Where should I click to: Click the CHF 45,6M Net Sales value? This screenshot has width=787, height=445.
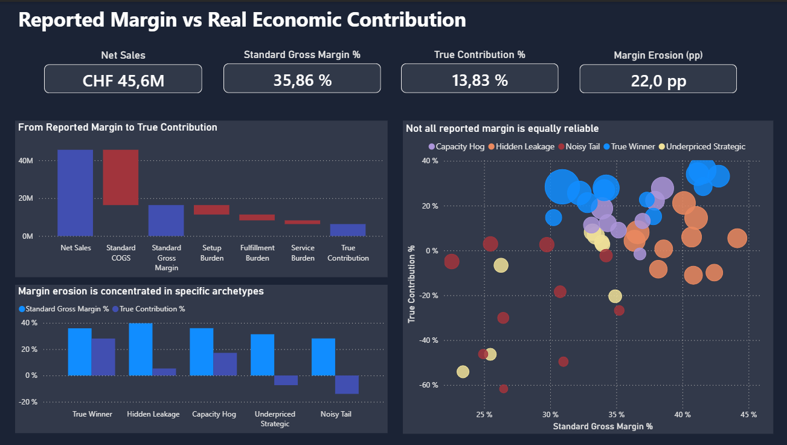tap(123, 80)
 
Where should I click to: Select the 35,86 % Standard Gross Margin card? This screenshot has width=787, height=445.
tap(302, 79)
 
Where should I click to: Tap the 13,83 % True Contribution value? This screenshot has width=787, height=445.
tap(480, 79)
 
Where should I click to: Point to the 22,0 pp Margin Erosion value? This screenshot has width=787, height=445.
tap(658, 80)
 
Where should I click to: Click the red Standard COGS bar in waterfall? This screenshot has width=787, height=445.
tap(121, 177)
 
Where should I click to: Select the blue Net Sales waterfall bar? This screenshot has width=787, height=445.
tap(75, 193)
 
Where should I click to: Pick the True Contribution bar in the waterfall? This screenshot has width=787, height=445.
tap(348, 230)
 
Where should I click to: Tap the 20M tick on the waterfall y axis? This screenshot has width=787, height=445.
tap(27, 198)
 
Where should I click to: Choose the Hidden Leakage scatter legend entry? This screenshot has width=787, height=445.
tap(521, 146)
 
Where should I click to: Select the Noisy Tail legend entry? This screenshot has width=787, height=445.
tap(583, 146)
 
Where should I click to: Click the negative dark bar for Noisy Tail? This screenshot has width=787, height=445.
tap(347, 385)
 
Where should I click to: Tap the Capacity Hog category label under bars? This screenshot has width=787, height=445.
tap(214, 414)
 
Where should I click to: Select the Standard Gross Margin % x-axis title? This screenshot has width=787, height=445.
tap(603, 426)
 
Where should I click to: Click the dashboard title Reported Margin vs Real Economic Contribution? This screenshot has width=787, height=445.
tap(242, 19)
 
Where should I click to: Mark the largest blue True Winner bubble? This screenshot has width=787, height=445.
tap(562, 187)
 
